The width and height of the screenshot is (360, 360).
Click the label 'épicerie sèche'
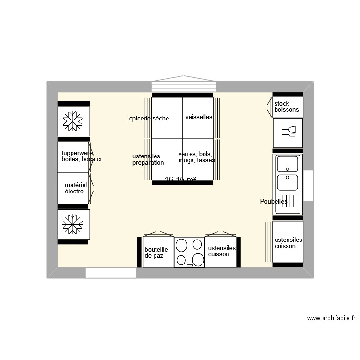coord(149,119)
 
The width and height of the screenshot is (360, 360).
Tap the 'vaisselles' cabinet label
coord(198,117)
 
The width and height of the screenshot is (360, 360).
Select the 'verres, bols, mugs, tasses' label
coord(196,157)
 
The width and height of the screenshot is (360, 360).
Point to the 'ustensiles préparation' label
coord(148,159)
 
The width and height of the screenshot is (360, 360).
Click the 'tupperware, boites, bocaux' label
coord(81,156)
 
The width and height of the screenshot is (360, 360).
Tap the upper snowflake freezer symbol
coord(73,121)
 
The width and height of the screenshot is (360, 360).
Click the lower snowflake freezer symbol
coord(73,224)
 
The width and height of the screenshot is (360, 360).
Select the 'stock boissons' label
coord(286,107)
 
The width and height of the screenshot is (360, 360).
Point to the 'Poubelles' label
coord(273,202)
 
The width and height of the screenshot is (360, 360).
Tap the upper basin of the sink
coord(287,164)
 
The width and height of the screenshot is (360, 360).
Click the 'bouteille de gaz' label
coord(156,252)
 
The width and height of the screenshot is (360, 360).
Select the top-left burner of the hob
coord(182,246)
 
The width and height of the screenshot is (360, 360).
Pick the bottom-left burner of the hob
coord(181,260)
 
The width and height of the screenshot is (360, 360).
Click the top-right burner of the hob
coord(197,244)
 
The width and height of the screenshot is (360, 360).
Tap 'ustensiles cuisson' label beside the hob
coord(222,251)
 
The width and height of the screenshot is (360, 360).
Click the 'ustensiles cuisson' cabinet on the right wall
coord(288,243)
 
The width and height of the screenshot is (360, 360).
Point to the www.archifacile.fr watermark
coord(331,318)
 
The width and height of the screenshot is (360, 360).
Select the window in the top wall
coord(185,85)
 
